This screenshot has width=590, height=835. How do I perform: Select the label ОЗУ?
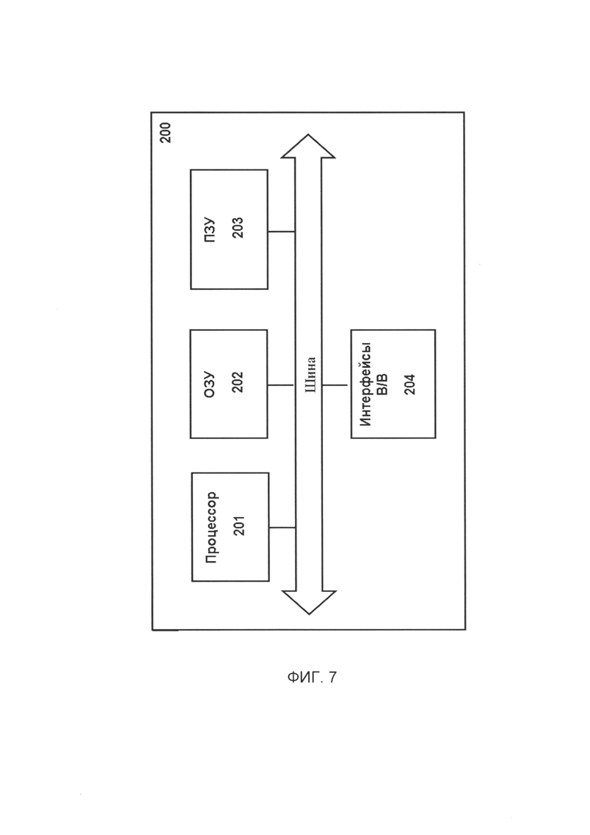pyautogui.click(x=210, y=385)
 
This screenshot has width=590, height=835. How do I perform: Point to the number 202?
pyautogui.click(x=238, y=382)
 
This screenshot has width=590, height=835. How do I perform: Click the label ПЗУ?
pyautogui.click(x=210, y=229)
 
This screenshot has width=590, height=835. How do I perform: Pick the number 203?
pyautogui.click(x=238, y=227)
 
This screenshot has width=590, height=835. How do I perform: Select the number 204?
pyautogui.click(x=410, y=385)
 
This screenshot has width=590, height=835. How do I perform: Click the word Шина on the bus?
pyautogui.click(x=309, y=375)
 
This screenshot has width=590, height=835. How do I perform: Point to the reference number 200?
pyautogui.click(x=166, y=132)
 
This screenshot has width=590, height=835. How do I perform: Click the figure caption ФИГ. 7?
pyautogui.click(x=312, y=678)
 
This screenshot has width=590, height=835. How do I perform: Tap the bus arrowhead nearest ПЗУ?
pyautogui.click(x=308, y=145)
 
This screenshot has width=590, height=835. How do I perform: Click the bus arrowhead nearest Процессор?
pyautogui.click(x=309, y=603)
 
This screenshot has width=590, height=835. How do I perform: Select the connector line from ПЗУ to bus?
pyautogui.click(x=281, y=232)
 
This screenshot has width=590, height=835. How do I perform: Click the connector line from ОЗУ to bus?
pyautogui.click(x=281, y=385)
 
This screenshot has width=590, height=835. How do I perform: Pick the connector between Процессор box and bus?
pyautogui.click(x=282, y=528)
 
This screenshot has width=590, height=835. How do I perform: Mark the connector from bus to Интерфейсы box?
pyautogui.click(x=337, y=385)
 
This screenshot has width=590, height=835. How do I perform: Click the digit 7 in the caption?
pyautogui.click(x=333, y=678)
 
